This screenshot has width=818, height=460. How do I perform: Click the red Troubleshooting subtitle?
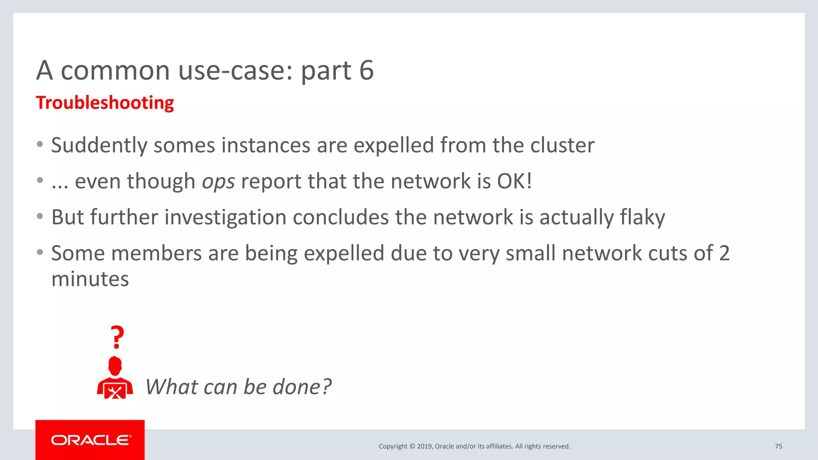point(105,103)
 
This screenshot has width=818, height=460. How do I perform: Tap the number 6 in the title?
point(366,71)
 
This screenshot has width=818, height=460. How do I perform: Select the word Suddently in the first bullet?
point(99,145)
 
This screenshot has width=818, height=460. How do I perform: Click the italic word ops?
point(218,182)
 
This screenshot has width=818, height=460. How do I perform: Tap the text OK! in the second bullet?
point(514,181)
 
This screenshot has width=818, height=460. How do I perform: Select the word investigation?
point(225,218)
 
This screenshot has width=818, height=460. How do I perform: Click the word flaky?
point(642,218)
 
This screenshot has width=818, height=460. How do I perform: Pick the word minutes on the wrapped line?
point(90,279)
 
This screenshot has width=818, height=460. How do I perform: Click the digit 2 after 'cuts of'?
point(724,254)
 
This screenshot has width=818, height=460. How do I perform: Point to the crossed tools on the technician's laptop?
point(115,392)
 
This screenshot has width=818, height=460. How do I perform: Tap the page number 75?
point(778,446)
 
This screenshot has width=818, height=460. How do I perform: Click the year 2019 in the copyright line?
point(425,446)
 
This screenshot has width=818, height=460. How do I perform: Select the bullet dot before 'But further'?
point(40,217)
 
